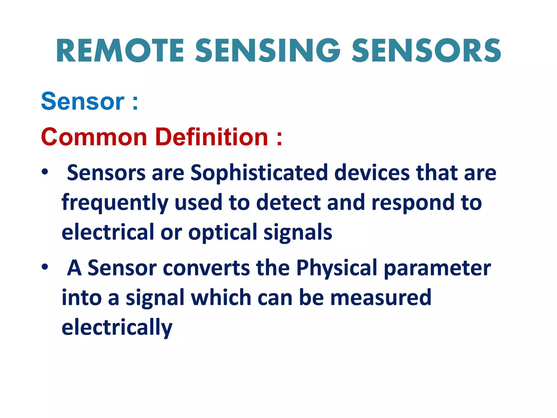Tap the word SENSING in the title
point(268,51)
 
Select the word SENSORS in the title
point(426,51)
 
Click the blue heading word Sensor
point(83,102)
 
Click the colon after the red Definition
point(279,138)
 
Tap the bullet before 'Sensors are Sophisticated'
point(45,172)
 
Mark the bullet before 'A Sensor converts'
point(45,267)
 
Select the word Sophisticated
point(259,173)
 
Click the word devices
point(372,173)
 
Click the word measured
point(381,297)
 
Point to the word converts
point(206,268)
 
